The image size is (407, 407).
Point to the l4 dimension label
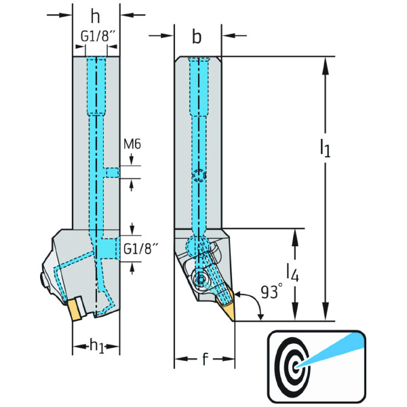coord(292,273)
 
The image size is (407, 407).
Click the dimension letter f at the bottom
coord(205,360)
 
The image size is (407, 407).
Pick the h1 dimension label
coord(96,345)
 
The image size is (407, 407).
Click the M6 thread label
coord(132,144)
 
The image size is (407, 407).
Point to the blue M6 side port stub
coord(113,172)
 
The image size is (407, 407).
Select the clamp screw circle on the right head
coord(201,279)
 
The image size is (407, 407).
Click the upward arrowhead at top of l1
coord(326,63)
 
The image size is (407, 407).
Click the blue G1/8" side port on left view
coord(108,248)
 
